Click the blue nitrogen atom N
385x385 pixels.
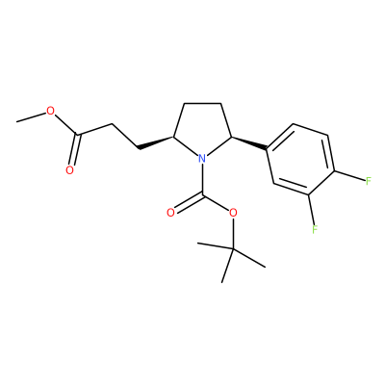point(201,158)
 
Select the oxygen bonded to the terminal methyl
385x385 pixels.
point(50,111)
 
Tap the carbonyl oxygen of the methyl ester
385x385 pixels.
point(69,170)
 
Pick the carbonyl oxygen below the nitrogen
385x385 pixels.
point(170,213)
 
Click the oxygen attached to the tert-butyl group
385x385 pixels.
point(233,213)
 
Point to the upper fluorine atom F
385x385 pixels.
point(369,181)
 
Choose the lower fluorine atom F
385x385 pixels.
point(315,229)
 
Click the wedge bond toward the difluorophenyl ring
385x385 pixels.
point(249,143)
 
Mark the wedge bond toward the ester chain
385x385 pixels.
point(156,142)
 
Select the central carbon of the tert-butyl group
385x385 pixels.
point(233,248)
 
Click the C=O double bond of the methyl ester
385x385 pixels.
point(75,149)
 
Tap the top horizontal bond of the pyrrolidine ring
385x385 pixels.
point(202,103)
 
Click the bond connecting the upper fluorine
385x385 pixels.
point(349,176)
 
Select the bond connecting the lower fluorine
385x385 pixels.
point(311,209)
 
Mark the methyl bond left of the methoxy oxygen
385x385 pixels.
point(31,117)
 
